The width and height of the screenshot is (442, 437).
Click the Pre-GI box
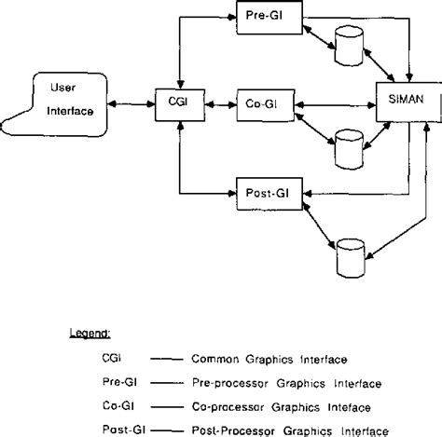click(269, 18)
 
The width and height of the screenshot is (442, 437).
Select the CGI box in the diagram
click(180, 105)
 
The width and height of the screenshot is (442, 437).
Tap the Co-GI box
click(266, 105)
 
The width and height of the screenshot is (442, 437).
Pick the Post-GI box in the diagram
click(269, 194)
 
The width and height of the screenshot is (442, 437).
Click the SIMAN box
click(408, 102)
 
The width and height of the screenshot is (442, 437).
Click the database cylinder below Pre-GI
click(349, 46)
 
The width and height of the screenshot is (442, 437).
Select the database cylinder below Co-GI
click(349, 149)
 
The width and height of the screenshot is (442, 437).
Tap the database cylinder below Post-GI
click(351, 258)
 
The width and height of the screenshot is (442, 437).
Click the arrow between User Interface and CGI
click(131, 104)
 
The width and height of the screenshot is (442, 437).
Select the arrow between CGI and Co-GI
click(221, 105)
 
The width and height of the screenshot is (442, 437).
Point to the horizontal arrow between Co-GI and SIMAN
click(336, 105)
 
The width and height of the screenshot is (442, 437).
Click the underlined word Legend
click(90, 334)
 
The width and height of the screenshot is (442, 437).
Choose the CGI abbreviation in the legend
click(111, 358)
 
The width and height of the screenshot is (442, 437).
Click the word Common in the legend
click(215, 360)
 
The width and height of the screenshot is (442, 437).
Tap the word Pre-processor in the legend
click(230, 383)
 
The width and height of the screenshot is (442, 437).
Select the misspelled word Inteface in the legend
click(349, 407)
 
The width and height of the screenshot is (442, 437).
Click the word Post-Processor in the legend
click(233, 431)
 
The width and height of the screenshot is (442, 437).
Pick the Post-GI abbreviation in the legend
click(124, 430)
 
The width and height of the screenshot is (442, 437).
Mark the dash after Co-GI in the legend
click(167, 406)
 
